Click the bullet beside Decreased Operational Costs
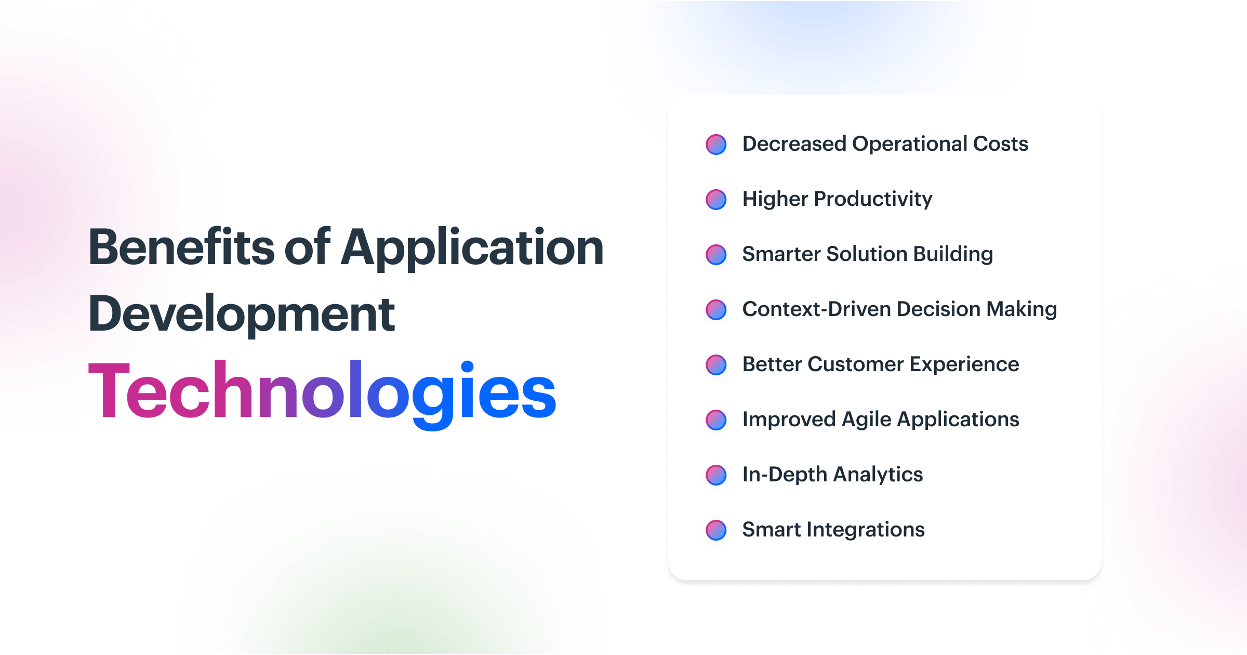[716, 145]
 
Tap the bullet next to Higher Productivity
[716, 200]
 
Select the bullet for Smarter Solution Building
[716, 255]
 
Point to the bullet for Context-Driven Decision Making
[716, 310]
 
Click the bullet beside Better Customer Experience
[716, 365]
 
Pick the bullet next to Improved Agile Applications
[716, 420]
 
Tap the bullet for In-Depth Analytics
[716, 475]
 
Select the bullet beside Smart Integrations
[716, 530]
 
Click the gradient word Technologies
[322, 391]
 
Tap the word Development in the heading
[242, 314]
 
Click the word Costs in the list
[1000, 144]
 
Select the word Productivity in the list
[873, 200]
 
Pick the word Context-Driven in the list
[816, 309]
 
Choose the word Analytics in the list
[878, 475]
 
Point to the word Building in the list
[953, 255]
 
